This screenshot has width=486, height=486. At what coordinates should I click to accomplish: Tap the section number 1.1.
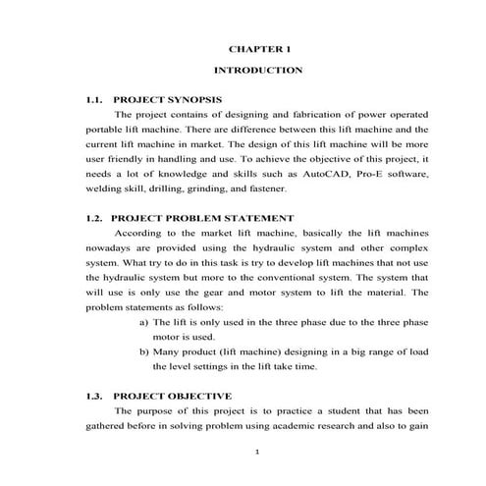pyautogui.click(x=95, y=100)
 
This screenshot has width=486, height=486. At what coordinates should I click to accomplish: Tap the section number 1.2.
pyautogui.click(x=95, y=217)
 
